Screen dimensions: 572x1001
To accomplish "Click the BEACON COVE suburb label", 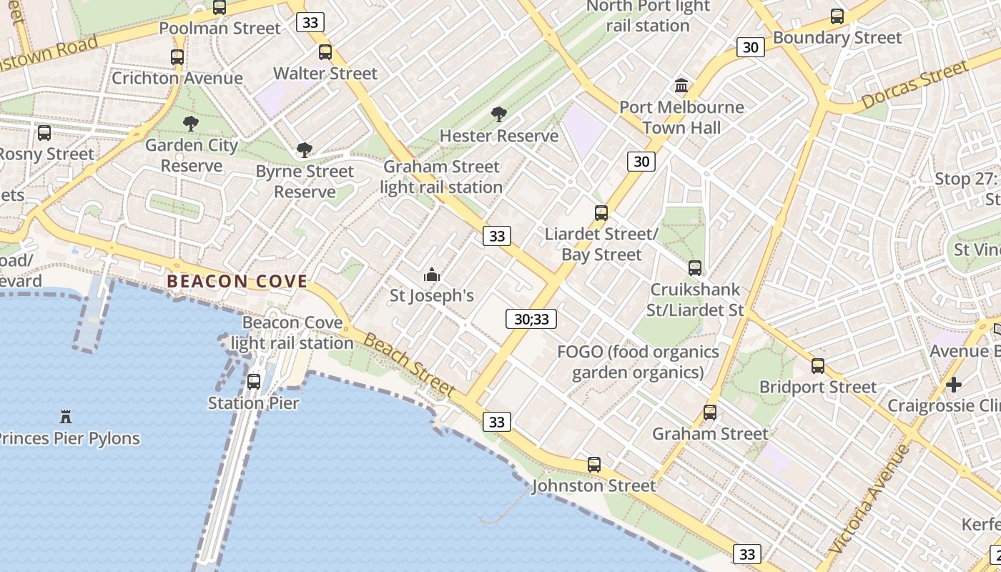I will [x=237, y=282].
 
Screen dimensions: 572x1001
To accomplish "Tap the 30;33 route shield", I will [x=531, y=319].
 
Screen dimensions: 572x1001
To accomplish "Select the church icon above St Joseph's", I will [x=432, y=275].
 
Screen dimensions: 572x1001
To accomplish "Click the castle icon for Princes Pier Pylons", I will [x=66, y=416].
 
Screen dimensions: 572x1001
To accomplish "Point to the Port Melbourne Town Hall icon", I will [x=681, y=86].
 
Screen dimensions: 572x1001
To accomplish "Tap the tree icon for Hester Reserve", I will [x=498, y=114].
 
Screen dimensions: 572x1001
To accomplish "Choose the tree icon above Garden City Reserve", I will [x=191, y=124].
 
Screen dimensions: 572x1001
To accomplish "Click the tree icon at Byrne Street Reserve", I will [x=305, y=150].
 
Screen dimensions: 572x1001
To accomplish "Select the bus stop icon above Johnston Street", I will [x=594, y=465].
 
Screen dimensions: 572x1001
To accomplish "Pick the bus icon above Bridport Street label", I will [x=818, y=366].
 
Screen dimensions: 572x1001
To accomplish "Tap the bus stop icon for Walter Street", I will [x=325, y=52].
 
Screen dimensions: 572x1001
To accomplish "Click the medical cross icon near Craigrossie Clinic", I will [x=953, y=385].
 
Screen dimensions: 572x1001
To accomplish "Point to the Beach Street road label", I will [x=409, y=365].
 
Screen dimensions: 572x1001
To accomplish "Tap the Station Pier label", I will [x=253, y=403].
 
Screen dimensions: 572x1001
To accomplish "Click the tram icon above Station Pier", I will [x=254, y=382].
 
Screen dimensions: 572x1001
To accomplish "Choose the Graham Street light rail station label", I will [x=441, y=177].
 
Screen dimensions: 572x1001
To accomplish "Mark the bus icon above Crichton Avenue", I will [x=177, y=57].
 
